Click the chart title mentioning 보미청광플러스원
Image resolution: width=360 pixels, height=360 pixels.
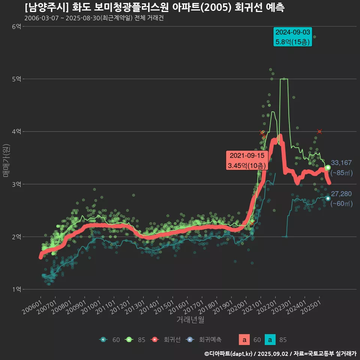pyautogui.click(x=154, y=7)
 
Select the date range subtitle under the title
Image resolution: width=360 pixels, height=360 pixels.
pyautogui.click(x=94, y=18)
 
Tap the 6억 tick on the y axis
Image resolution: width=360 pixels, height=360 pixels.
pyautogui.click(x=16, y=26)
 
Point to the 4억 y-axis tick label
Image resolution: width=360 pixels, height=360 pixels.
pyautogui.click(x=16, y=131)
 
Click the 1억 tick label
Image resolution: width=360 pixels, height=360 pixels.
pyautogui.click(x=16, y=289)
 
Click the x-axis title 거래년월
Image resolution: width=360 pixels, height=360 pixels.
pyautogui.click(x=190, y=320)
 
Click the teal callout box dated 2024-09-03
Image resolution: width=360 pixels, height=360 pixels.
pyautogui.click(x=293, y=37)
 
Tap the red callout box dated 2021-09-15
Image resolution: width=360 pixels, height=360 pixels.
pyautogui.click(x=247, y=160)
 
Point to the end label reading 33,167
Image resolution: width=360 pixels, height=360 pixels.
pyautogui.click(x=341, y=163)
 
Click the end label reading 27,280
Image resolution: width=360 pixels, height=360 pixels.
pyautogui.click(x=341, y=194)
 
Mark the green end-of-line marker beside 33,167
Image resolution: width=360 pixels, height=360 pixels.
pyautogui.click(x=328, y=168)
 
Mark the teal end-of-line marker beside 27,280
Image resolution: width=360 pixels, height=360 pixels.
pyautogui.click(x=328, y=198)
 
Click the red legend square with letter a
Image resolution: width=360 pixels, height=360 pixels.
pyautogui.click(x=244, y=340)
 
